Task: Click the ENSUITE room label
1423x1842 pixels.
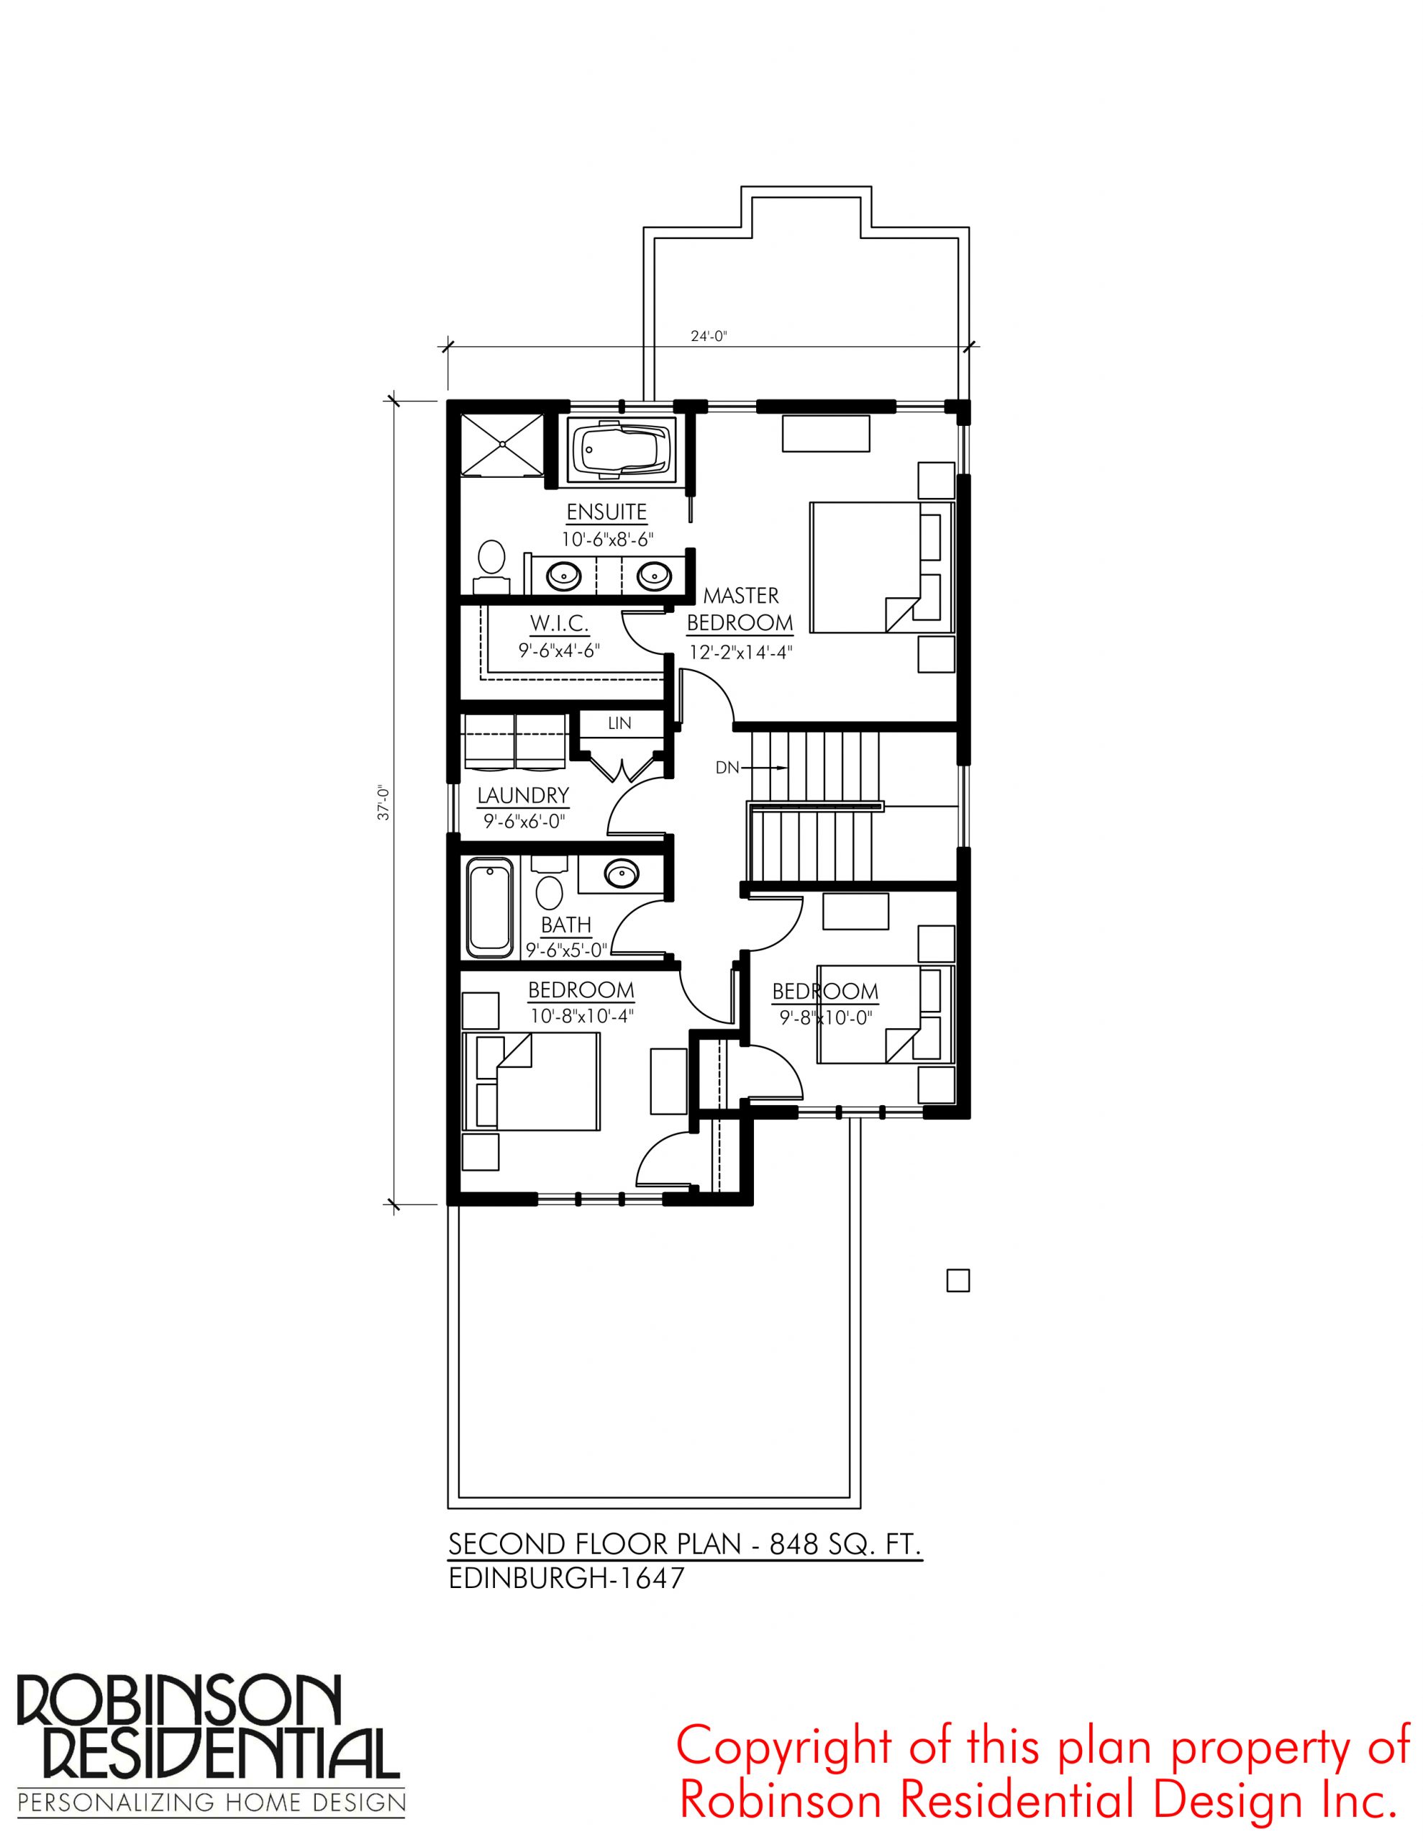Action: pos(606,512)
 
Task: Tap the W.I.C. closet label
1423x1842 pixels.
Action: pos(559,623)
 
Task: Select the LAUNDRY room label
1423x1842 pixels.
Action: pos(523,794)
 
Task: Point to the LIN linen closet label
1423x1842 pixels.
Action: pos(619,723)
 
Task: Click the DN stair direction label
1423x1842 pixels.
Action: pos(727,768)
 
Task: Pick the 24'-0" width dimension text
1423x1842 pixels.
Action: pos(709,336)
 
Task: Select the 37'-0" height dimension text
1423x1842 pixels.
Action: pos(383,803)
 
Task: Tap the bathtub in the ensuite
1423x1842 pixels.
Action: pos(620,450)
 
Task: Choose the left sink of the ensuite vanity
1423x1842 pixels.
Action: pos(563,576)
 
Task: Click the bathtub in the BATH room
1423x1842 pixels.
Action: pos(489,907)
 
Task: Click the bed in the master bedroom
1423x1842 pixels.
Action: pos(881,567)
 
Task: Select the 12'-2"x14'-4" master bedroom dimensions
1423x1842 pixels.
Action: pos(740,652)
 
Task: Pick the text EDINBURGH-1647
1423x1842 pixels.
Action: pos(566,1578)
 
